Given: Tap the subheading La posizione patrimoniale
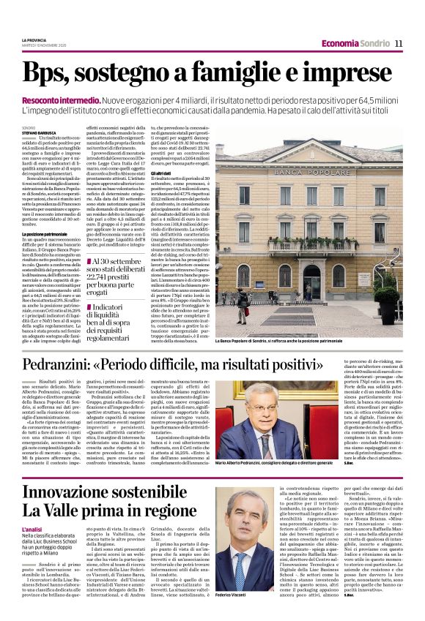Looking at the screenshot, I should pyautogui.click(x=45, y=233).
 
